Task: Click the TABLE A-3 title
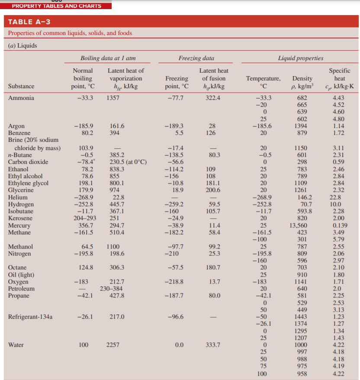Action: point(29,22)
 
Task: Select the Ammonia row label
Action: point(21,98)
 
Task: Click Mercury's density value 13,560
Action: point(298,225)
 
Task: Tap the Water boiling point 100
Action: point(84,345)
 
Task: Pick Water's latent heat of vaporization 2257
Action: point(113,345)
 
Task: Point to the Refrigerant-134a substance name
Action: point(30,317)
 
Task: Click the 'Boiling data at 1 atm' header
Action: point(108,58)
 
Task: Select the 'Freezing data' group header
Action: point(196,58)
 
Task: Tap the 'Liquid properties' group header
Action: point(301,58)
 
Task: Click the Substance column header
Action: point(21,86)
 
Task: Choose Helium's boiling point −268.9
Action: point(84,197)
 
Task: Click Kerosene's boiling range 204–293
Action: point(85,218)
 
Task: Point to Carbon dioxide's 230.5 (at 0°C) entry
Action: point(128,162)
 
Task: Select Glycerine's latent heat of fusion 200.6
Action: point(213,190)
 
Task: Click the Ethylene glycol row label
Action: point(28,183)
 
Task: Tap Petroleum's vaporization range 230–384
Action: point(111,288)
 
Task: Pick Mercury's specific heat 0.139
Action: point(340,225)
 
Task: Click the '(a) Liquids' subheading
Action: point(22,45)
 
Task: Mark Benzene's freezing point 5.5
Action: point(179,133)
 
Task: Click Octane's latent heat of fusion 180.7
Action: point(213,267)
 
